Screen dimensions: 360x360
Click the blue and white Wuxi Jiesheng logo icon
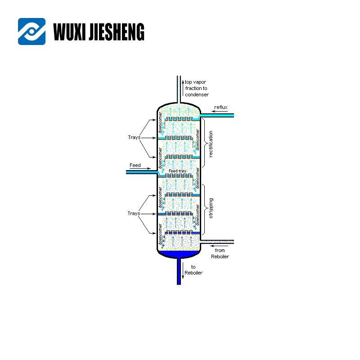pos(31,31)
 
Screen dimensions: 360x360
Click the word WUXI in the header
pos(69,32)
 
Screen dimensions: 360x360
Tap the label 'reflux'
pos(220,107)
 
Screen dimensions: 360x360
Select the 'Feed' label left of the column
pos(135,165)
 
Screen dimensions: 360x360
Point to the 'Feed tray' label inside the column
pos(177,171)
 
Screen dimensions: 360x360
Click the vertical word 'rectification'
pos(211,144)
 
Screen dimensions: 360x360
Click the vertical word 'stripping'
pos(211,208)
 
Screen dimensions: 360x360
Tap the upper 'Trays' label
pos(133,137)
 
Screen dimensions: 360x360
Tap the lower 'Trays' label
pos(133,213)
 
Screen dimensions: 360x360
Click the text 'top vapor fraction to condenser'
pos(197,88)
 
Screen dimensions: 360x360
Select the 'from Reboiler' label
pos(220,253)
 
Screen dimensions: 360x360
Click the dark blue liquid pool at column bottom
pos(179,254)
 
